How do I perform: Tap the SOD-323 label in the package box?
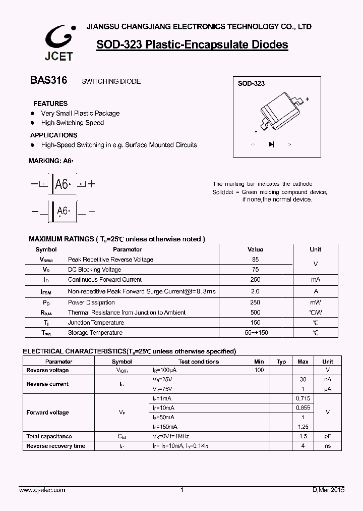252,84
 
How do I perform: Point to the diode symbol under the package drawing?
271,144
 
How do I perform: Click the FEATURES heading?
50,104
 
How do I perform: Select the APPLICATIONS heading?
54,135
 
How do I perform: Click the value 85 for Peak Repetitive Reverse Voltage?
255,260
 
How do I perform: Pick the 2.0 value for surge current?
255,291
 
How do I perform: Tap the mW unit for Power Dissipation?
315,302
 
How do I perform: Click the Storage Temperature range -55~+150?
255,333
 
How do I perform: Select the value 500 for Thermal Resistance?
255,313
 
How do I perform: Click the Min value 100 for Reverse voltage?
259,370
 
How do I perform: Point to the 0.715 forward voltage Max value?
303,398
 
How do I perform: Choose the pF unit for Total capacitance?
328,436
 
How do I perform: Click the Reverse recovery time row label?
55,446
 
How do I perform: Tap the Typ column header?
281,362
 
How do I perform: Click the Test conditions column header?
199,362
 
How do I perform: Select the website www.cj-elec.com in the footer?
42,490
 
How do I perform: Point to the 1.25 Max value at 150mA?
303,427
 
